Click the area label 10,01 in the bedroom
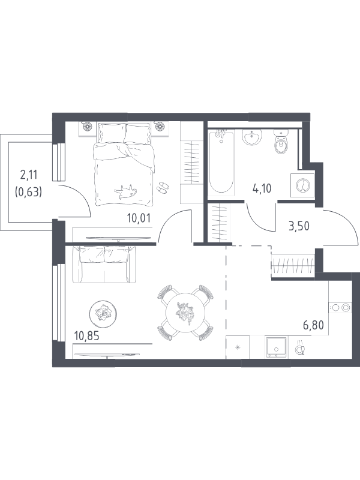[x=139, y=219]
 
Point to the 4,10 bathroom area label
[x=262, y=188]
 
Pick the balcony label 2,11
[x=28, y=175]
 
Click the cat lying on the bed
[x=125, y=192]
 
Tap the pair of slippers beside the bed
[x=163, y=187]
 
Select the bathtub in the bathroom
[x=221, y=161]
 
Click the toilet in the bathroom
[x=281, y=142]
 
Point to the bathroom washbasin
[x=252, y=137]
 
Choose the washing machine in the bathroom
[x=302, y=185]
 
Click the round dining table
[x=185, y=313]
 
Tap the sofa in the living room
[x=103, y=265]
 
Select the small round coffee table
[x=103, y=313]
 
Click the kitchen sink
[x=277, y=347]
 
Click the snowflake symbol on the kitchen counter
[x=238, y=347]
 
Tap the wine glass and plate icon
[x=299, y=348]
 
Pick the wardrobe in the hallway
[x=293, y=263]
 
